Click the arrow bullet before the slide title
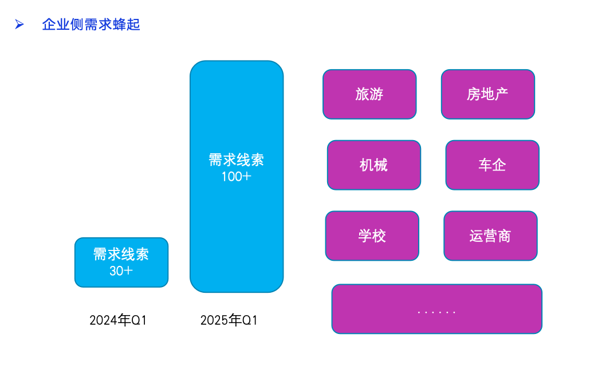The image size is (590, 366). [x=19, y=24]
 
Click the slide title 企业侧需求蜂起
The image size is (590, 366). [x=91, y=25]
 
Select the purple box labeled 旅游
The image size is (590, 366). [x=369, y=94]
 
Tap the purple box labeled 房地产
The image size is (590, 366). [x=487, y=94]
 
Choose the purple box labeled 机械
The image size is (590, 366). [x=374, y=165]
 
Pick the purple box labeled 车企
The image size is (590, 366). [x=492, y=165]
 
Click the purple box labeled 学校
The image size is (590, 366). [x=372, y=236]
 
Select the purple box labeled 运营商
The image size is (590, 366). [x=490, y=236]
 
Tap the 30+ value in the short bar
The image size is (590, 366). [x=121, y=271]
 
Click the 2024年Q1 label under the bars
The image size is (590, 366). [x=118, y=320]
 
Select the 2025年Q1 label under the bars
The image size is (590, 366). [x=229, y=320]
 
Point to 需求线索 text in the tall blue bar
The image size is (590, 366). [x=237, y=160]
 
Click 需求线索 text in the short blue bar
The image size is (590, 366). [x=121, y=254]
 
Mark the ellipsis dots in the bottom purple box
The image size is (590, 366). [x=436, y=312]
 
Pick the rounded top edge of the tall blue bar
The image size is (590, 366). [x=237, y=62]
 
